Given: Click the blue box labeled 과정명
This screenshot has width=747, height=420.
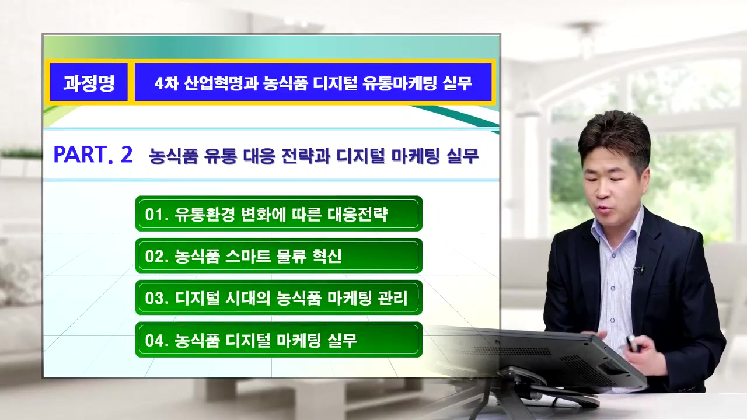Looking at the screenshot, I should [89, 82].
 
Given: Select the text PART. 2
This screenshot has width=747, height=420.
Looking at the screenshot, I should [93, 155].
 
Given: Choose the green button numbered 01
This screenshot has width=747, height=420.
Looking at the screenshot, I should [278, 213].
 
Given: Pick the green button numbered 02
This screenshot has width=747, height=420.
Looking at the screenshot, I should [278, 256].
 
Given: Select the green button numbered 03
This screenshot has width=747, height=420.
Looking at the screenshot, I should [278, 297].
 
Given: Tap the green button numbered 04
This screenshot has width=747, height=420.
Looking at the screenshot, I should [278, 339].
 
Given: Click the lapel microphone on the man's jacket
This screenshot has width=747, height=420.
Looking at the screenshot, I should [638, 270].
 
